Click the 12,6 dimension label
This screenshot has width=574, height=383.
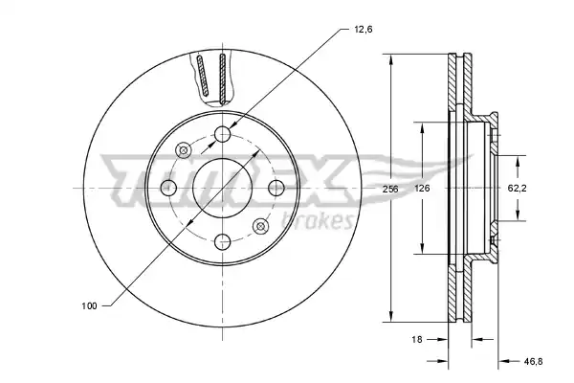pyautogui.click(x=363, y=30)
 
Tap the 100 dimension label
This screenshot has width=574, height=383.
pyautogui.click(x=89, y=305)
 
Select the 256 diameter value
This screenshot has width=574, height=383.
pyautogui.click(x=390, y=190)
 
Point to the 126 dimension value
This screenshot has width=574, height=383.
pyautogui.click(x=422, y=189)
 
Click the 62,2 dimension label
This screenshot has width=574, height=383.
pyautogui.click(x=517, y=189)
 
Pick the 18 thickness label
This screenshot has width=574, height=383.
pyautogui.click(x=416, y=339)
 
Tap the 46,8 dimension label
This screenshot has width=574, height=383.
pyautogui.click(x=533, y=361)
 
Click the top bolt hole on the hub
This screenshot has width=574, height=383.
pyautogui.click(x=222, y=134)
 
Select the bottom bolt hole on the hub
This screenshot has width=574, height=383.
pyautogui.click(x=222, y=242)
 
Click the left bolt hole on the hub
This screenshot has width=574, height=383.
pyautogui.click(x=168, y=188)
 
